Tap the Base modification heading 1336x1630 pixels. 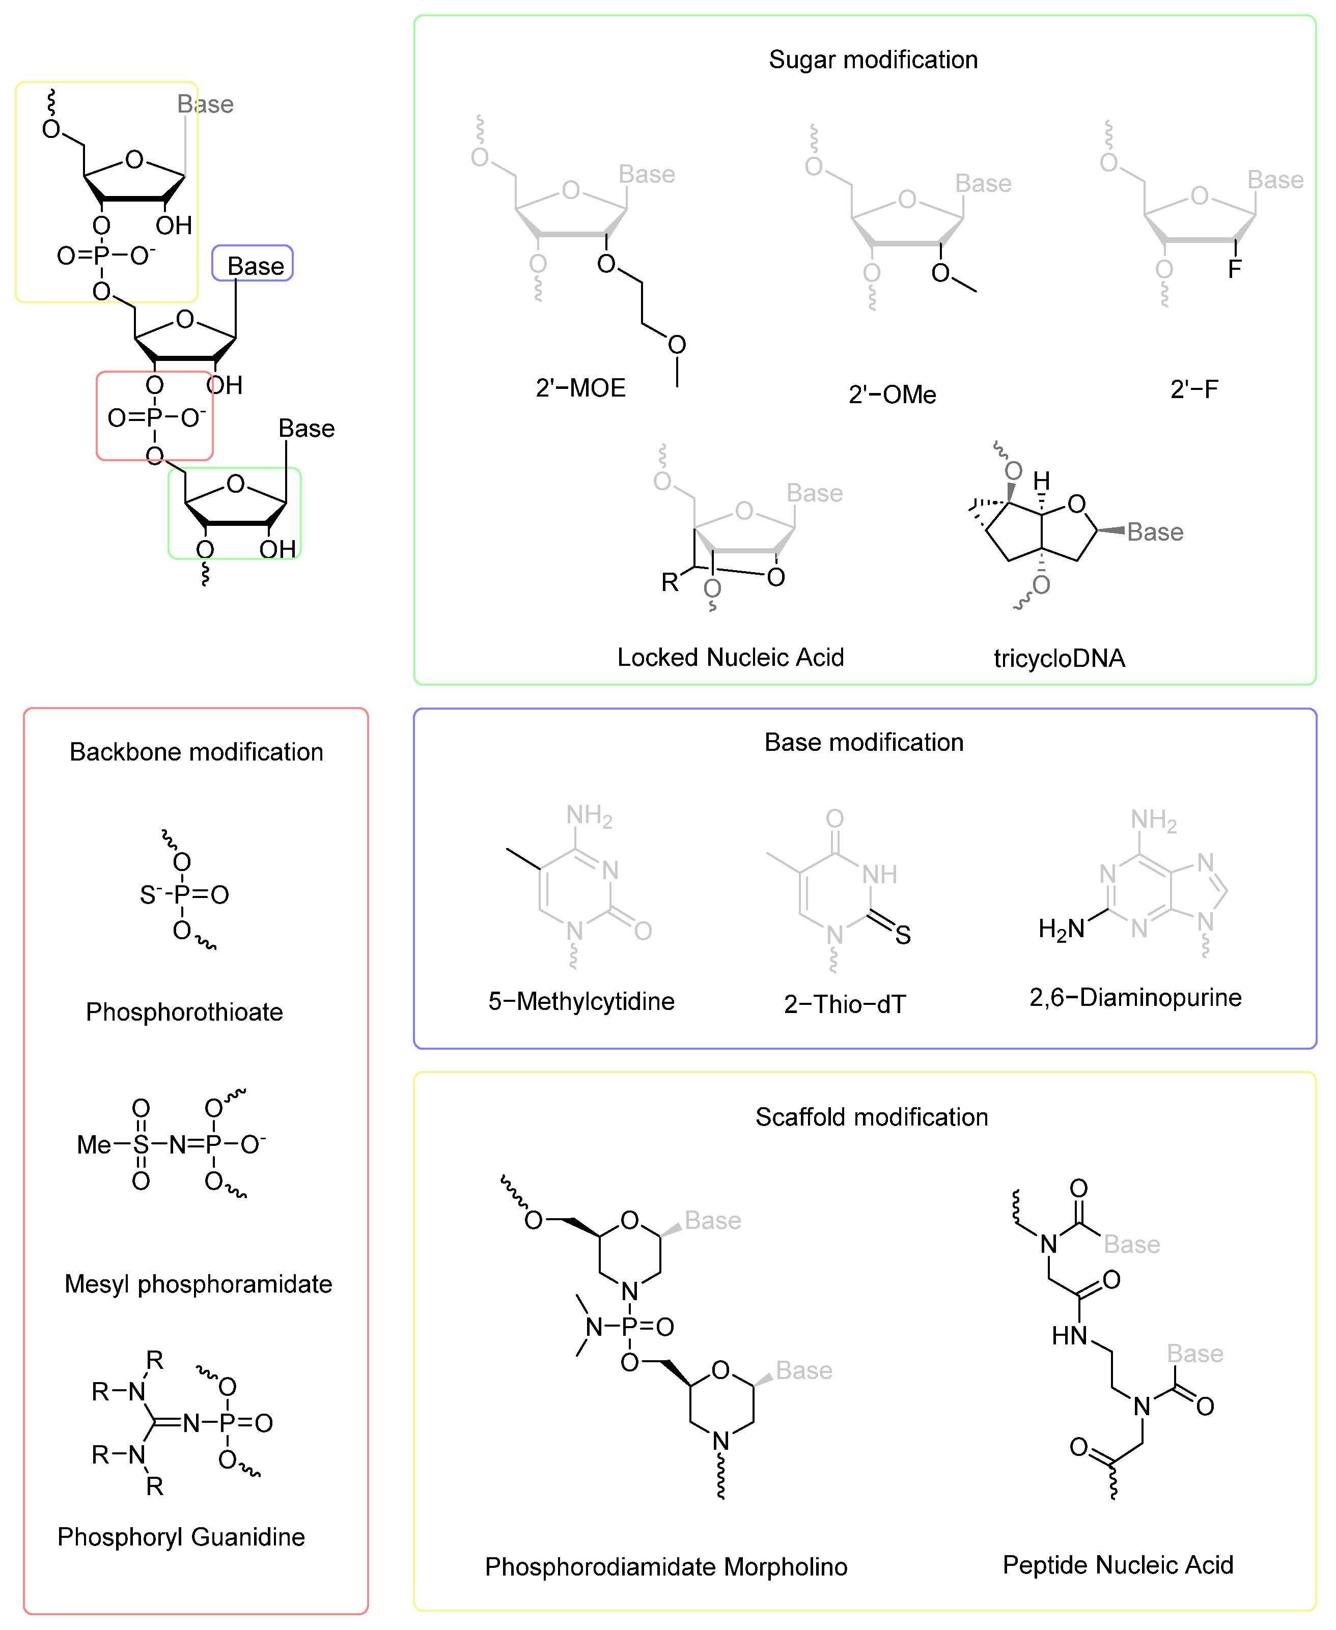pyautogui.click(x=864, y=742)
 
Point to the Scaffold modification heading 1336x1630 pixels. pyautogui.click(x=871, y=1117)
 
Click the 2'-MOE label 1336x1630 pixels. pyautogui.click(x=580, y=388)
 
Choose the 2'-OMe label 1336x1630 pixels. pyautogui.click(x=892, y=395)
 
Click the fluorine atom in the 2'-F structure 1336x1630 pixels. pyautogui.click(x=1234, y=269)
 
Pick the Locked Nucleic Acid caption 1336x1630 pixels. pyautogui.click(x=730, y=658)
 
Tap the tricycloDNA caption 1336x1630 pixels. pyautogui.click(x=1059, y=658)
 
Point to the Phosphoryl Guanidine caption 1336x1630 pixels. pyautogui.click(x=181, y=1537)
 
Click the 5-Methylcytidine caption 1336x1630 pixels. pyautogui.click(x=581, y=1001)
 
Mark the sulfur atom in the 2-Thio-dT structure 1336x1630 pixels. pyautogui.click(x=903, y=935)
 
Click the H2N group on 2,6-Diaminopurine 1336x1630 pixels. pyautogui.click(x=1061, y=929)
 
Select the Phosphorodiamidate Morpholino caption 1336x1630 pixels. pyautogui.click(x=665, y=1567)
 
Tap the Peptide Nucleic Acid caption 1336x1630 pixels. pyautogui.click(x=1118, y=1565)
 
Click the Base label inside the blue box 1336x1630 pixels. pyautogui.click(x=256, y=266)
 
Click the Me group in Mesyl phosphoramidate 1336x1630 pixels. pyautogui.click(x=94, y=1145)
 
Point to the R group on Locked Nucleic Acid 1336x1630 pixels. pyautogui.click(x=670, y=582)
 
